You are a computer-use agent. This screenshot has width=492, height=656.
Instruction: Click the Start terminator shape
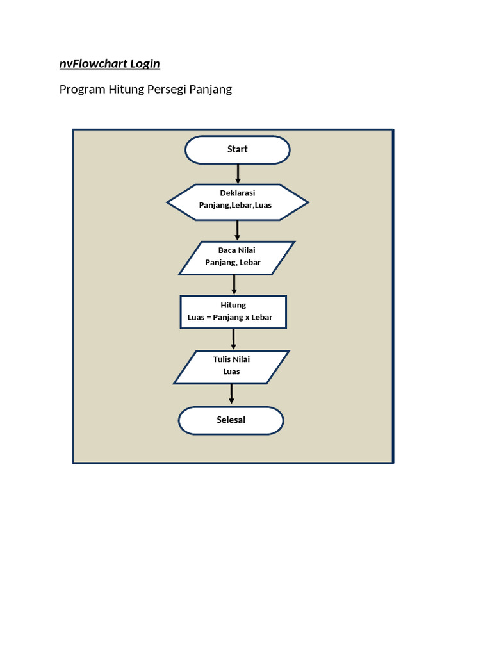coord(237,150)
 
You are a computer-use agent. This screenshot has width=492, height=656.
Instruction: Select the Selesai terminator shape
coord(231,421)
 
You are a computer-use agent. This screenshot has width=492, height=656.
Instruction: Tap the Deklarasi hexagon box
coord(237,202)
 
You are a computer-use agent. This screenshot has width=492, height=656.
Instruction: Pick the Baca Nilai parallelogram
coord(236,258)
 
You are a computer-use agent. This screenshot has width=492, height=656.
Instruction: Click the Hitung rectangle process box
coord(233,312)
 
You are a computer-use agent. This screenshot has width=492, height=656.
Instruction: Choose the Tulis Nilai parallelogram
coord(231,366)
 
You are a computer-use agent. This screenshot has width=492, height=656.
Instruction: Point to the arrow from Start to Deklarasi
coord(238,174)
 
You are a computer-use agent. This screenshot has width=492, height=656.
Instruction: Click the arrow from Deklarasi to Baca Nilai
coord(237,231)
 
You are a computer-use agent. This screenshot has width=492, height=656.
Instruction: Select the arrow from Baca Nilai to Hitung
coord(234,285)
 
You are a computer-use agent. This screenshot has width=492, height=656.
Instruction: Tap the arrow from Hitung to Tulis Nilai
coord(233,340)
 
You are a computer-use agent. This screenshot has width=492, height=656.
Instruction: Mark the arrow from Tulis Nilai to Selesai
coord(231,395)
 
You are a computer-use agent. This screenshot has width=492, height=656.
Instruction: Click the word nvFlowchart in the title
coord(94,63)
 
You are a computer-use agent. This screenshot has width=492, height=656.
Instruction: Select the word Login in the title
coord(145,63)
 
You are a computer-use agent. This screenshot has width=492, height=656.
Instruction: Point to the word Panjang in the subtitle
coord(213,89)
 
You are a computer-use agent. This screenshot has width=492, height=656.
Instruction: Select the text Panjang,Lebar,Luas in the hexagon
coord(235,206)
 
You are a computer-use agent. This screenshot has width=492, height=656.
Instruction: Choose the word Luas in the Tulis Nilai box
coord(231,372)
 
